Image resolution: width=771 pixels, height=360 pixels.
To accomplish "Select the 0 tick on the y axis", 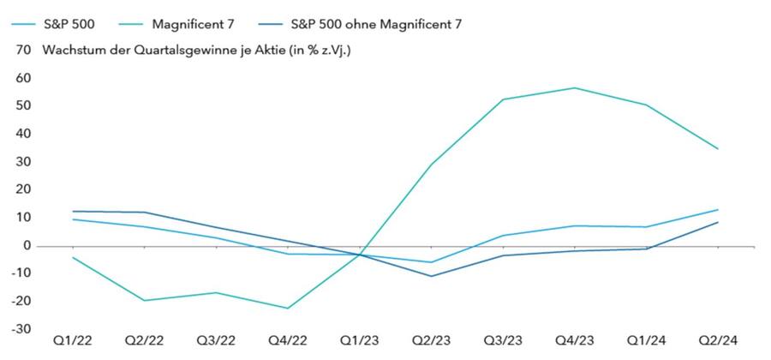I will (x=27, y=245).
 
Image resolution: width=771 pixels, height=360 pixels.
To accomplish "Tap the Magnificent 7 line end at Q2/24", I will (x=717, y=148).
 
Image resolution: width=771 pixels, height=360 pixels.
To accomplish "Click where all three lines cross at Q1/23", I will (x=360, y=255).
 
